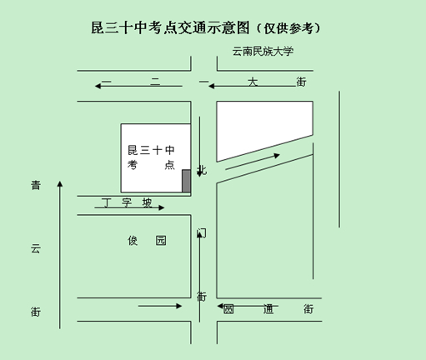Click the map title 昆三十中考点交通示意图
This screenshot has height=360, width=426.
[170, 27]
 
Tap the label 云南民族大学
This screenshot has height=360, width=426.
[263, 52]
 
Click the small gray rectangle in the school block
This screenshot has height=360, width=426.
[186, 181]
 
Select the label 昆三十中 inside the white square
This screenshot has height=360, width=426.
[151, 150]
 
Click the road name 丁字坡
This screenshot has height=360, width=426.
[127, 202]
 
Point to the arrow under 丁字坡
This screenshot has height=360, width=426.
[129, 207]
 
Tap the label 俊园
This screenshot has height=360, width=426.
[147, 241]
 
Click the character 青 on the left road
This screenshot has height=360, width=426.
[36, 185]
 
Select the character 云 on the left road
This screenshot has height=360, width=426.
[36, 248]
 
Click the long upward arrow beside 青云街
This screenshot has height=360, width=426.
[60, 255]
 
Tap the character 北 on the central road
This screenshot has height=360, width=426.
[202, 170]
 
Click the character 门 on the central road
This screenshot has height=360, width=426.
[202, 233]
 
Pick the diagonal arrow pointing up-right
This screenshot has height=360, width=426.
[253, 162]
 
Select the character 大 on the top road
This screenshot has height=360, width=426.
[253, 82]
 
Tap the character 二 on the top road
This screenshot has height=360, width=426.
[155, 82]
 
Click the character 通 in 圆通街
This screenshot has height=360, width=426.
[268, 309]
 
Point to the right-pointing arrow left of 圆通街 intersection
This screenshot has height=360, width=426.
[160, 306]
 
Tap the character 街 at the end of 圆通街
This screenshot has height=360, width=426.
[308, 309]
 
